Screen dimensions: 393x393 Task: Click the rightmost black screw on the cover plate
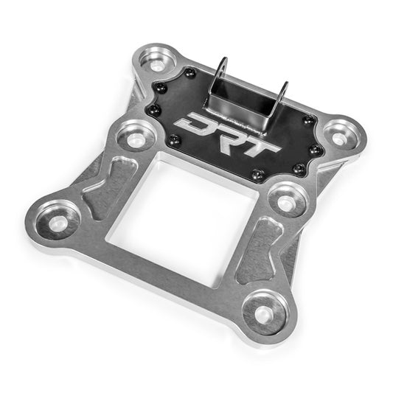(x=316, y=150)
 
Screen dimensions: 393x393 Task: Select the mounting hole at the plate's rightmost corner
(x=338, y=136)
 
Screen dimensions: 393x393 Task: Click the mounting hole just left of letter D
(x=135, y=137)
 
